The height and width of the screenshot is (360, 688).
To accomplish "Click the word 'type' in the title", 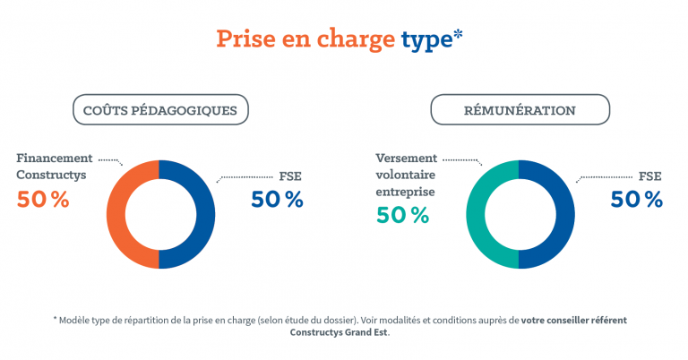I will pos(425,39).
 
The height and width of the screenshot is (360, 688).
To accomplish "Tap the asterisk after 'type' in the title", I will pos(458,36).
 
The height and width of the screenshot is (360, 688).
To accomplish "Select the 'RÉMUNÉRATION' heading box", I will pos(520,110).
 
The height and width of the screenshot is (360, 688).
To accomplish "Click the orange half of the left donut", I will pos(116,215).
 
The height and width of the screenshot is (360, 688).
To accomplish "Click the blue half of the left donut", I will pos(205,215).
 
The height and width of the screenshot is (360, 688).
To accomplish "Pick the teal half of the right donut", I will pos(475,215).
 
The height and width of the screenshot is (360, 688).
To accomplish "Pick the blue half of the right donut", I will pos(565,215).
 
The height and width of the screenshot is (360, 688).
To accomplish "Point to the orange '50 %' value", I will pos(43,199).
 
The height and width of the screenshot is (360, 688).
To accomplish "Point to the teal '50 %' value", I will pos(402,215).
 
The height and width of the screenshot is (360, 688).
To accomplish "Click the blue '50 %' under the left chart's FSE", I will pos(277,199).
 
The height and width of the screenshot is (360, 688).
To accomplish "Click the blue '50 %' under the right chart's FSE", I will pos(636,199).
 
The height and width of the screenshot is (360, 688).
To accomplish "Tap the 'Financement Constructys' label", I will pos(52,167).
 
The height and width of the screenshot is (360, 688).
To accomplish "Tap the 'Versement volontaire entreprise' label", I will pos(405,175).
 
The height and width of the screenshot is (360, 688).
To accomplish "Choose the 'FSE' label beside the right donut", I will pos(649,176).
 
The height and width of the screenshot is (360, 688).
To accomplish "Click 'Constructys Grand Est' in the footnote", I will pos(340,331).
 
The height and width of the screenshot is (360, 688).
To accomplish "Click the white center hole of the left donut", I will pos(160,215).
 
